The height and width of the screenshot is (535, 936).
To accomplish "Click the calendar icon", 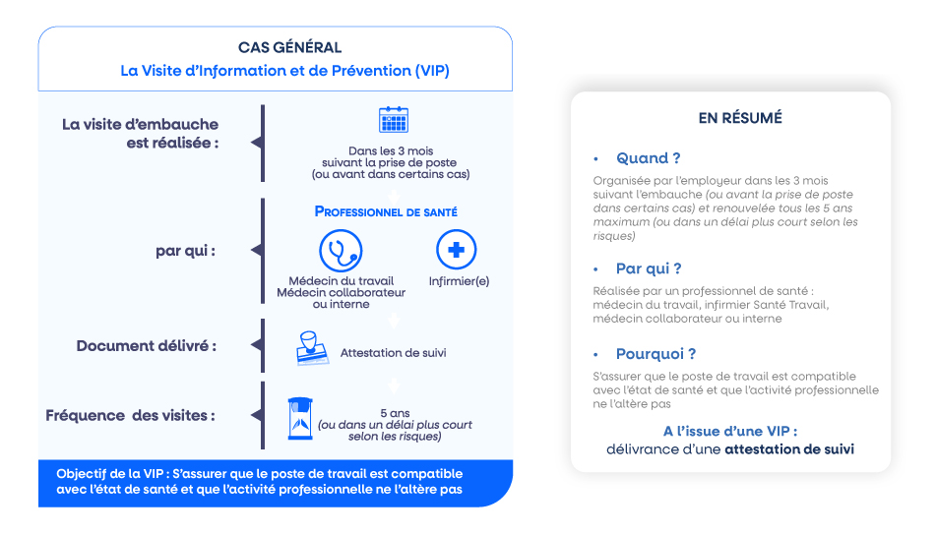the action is click(394, 119).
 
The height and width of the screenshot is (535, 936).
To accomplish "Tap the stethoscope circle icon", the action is click(341, 251).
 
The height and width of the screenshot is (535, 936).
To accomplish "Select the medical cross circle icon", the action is click(456, 250).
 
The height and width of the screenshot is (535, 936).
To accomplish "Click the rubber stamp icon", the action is click(312, 348).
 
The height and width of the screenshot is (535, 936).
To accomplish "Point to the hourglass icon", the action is click(300, 419).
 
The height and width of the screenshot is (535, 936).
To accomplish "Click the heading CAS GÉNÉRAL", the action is click(289, 47).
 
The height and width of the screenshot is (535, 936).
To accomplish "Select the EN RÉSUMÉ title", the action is click(740, 117).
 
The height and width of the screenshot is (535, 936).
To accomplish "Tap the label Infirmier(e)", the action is click(459, 281).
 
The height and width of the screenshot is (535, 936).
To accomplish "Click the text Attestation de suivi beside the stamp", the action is click(394, 352).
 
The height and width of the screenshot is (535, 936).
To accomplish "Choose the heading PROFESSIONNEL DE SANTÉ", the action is click(386, 211).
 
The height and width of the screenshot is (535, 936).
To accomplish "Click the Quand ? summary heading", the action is click(649, 158).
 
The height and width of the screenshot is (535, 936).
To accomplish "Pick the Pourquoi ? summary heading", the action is click(656, 354).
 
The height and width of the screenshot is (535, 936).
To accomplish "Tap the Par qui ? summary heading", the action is click(649, 268).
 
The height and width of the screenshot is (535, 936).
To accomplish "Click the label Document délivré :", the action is click(147, 346).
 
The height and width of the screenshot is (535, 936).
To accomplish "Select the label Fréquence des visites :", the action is click(130, 415).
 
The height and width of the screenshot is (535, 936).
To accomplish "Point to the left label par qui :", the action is click(185, 251).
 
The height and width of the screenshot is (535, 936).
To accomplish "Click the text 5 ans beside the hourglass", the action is click(396, 413).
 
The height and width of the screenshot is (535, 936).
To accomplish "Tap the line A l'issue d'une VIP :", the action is click(730, 431).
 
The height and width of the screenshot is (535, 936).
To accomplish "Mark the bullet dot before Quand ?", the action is click(595, 158).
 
